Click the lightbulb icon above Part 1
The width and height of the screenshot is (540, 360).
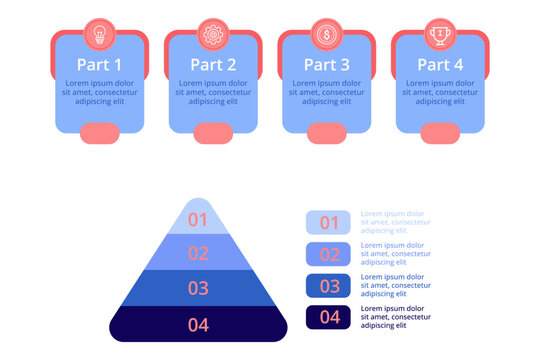point(99,34)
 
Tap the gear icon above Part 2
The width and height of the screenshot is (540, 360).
point(213,34)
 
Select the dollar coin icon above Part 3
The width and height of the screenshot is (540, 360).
point(326,34)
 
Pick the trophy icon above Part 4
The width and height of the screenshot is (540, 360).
point(440,34)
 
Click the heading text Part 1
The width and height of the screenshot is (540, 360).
point(99,65)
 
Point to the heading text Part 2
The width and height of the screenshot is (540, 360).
point(213,65)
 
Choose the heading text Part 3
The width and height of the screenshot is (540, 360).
point(326,65)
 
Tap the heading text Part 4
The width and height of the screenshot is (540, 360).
point(440,65)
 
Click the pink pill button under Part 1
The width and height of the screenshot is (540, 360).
point(99,131)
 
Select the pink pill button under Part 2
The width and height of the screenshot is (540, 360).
point(213,131)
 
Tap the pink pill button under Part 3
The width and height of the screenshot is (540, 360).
point(326,131)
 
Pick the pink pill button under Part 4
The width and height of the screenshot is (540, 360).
point(440,131)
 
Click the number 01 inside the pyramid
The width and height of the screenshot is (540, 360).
point(198,220)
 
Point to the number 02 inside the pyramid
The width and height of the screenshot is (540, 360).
point(198,254)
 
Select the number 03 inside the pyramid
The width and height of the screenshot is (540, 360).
point(198,288)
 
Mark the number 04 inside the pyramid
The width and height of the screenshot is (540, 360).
point(198,324)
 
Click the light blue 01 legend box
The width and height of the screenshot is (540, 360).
point(328,222)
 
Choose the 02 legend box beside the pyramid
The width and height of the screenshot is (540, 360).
point(328,254)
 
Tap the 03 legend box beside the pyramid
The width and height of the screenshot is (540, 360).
point(328,286)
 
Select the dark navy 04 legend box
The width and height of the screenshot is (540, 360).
point(328,318)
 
